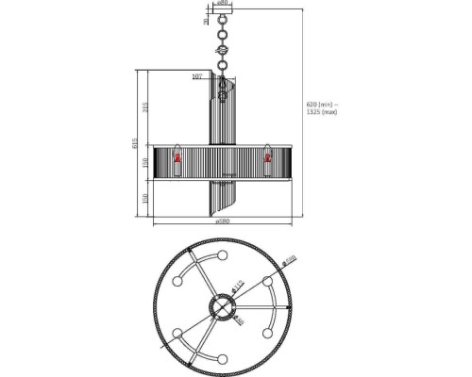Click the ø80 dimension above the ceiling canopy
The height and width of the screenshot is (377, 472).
pyautogui.click(x=221, y=3)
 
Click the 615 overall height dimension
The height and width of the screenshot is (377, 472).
pyautogui.click(x=136, y=144)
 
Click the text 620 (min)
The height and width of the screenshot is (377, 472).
pyautogui.click(x=321, y=105)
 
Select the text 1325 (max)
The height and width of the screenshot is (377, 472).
pyautogui.click(x=321, y=112)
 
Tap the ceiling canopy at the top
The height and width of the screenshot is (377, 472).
pyautogui.click(x=221, y=19)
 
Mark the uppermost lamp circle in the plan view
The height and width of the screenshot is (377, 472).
pyautogui.click(x=222, y=256)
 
